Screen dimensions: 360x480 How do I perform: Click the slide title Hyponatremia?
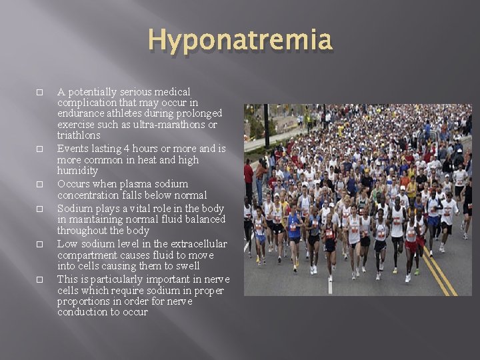click(240, 40)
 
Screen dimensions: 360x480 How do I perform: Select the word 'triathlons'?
click(79, 135)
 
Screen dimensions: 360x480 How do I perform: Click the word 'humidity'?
click(77, 171)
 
